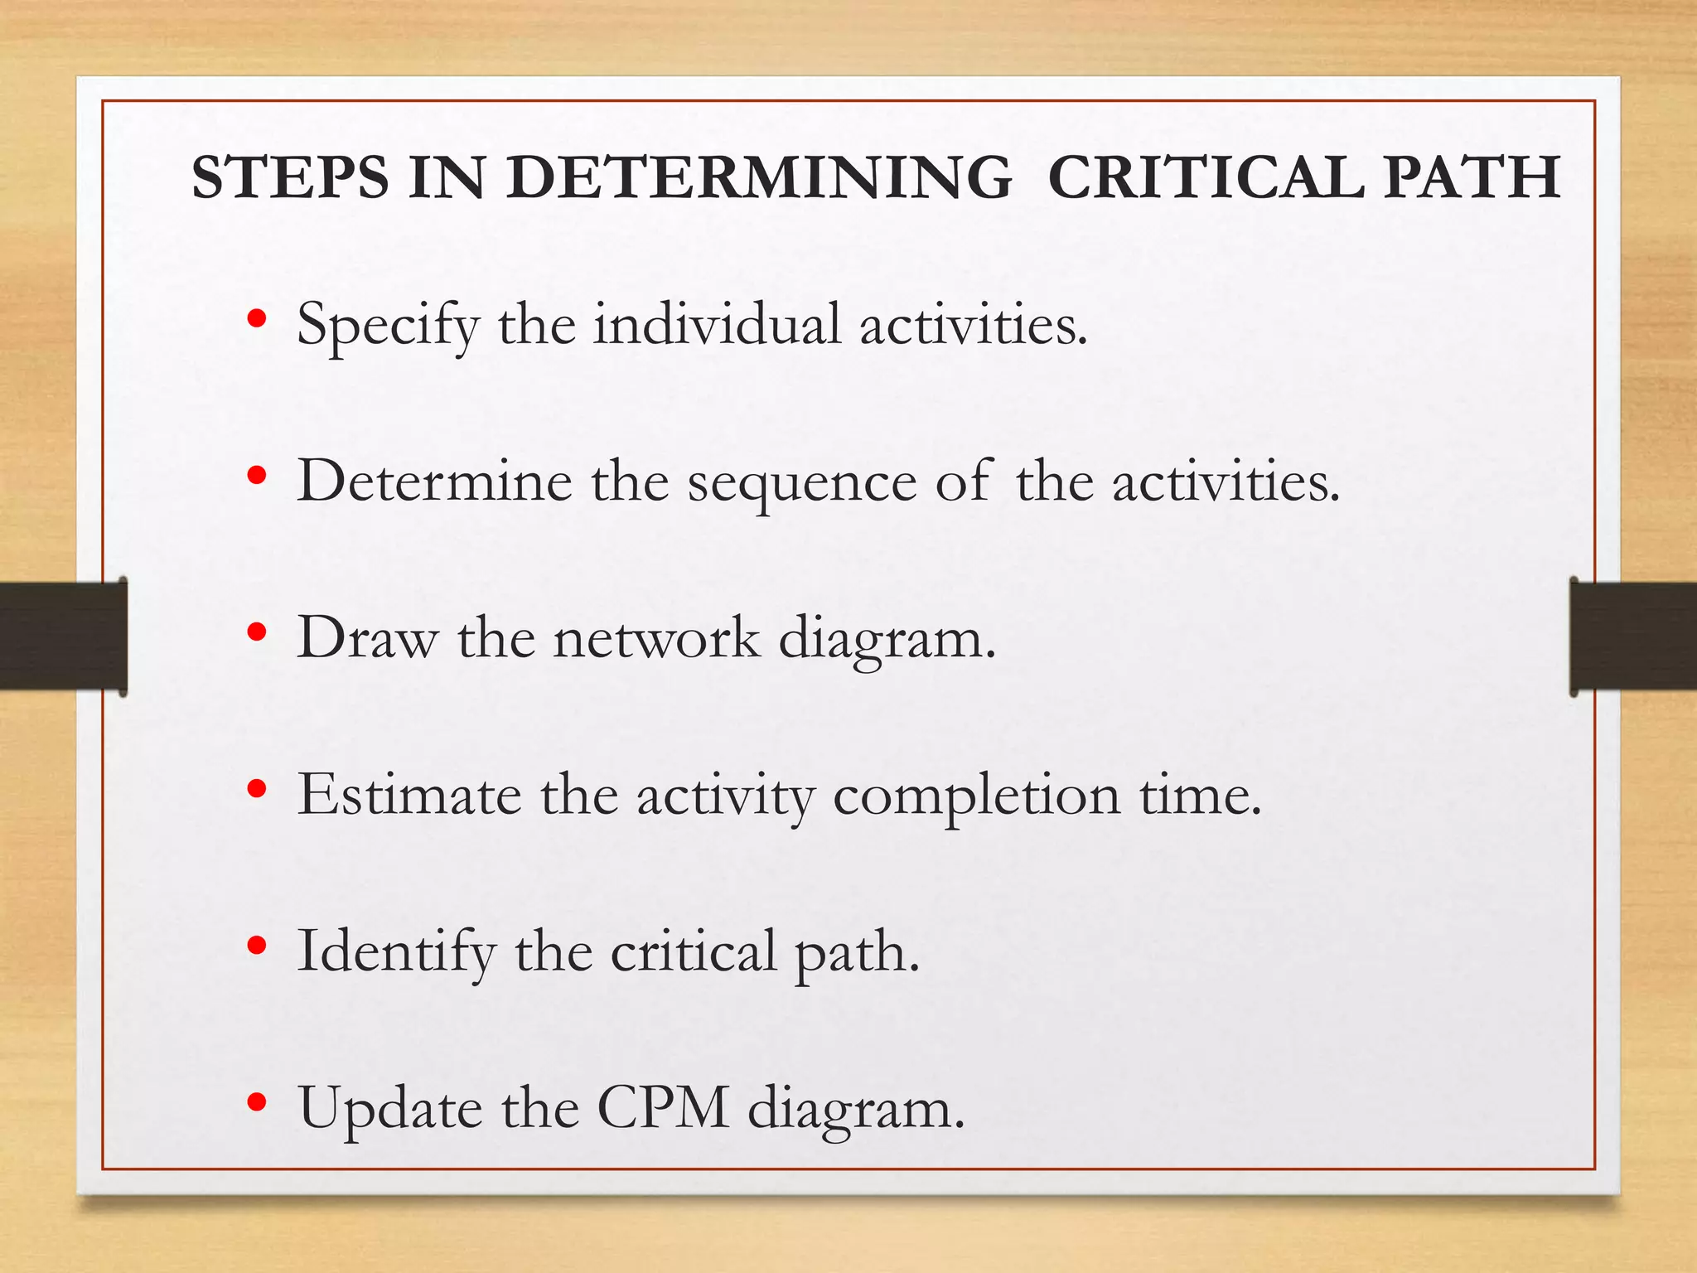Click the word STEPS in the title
[x=290, y=177]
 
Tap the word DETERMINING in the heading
[x=759, y=177]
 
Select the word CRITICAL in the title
[x=1206, y=177]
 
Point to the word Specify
[x=388, y=325]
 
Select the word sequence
[x=801, y=483]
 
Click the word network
[x=656, y=638]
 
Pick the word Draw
[x=367, y=638]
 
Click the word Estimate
[x=409, y=795]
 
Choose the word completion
[x=976, y=796]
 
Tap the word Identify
[x=396, y=952]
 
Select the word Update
[x=389, y=1109]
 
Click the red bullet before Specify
[x=257, y=319]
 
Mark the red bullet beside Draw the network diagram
[x=257, y=632]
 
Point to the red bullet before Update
[x=257, y=1102]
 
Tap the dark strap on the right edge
[x=1633, y=636]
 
